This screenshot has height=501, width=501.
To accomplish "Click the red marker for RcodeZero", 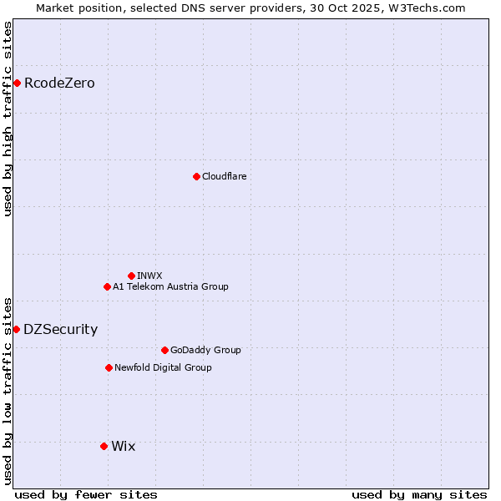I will (x=17, y=83).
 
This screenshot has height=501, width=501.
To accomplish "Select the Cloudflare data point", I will (x=196, y=176).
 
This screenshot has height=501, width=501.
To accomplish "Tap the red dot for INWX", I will (x=131, y=276).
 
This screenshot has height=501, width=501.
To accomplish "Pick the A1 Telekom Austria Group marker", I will (x=107, y=286).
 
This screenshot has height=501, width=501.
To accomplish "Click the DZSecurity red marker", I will (x=16, y=329).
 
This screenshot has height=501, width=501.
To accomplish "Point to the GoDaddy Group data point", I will (x=164, y=350).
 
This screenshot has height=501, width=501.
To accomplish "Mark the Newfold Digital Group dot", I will (x=109, y=367).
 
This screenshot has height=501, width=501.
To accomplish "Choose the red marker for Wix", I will (x=104, y=446).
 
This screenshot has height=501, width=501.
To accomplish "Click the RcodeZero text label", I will (x=59, y=83).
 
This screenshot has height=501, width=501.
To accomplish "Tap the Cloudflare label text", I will (x=224, y=176).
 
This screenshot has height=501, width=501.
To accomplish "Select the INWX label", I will (x=149, y=276).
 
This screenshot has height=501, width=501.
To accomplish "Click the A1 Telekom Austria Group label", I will (x=170, y=286).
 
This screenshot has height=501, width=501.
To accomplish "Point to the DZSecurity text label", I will (x=60, y=329).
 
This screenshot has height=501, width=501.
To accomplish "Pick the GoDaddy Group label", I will (x=205, y=350).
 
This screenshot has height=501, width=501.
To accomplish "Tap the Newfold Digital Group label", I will (x=163, y=367).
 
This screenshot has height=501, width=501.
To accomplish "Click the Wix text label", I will (x=123, y=446).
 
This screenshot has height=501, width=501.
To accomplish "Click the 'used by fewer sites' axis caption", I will (x=86, y=494).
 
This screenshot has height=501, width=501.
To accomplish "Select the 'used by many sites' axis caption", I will (x=419, y=494).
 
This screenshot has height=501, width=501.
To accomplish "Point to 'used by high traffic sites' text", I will (x=8, y=119).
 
